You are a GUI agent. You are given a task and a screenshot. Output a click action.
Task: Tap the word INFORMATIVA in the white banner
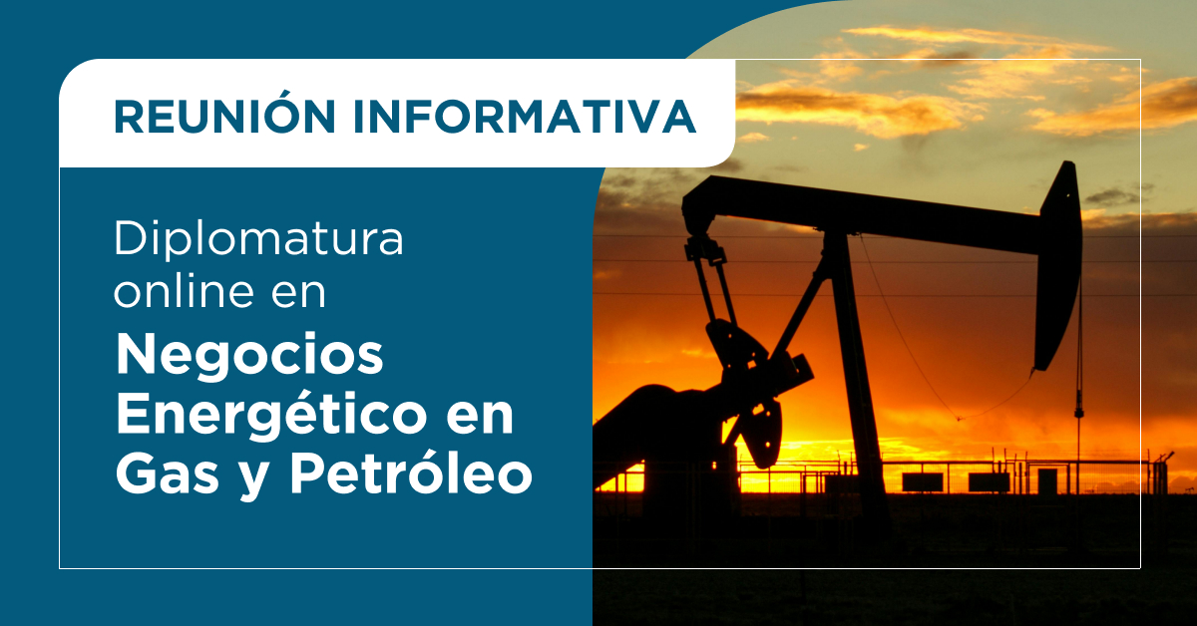click(525, 116)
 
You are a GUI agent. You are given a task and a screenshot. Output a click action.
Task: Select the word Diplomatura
click(258, 240)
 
